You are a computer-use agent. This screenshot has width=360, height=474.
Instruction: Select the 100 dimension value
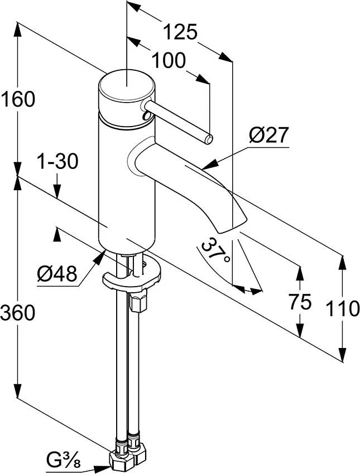169,61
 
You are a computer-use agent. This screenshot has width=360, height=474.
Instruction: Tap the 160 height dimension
18,99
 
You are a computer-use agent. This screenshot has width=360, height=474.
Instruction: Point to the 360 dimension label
18,313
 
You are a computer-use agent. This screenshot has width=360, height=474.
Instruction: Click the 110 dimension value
342,308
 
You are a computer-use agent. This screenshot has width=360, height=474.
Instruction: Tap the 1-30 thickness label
57,162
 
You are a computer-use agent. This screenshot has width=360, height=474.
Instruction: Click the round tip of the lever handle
208,139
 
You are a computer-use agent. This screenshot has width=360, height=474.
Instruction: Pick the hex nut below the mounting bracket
138,302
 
